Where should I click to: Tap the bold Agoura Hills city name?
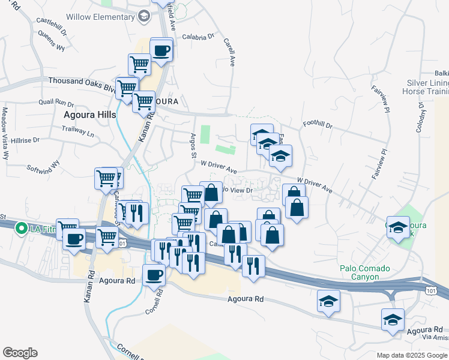coord(89,113)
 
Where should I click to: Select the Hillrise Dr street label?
coord(25,139)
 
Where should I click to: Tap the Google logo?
coord(20,353)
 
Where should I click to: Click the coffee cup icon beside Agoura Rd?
coord(154,275)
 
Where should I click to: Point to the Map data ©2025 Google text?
coord(411,355)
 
